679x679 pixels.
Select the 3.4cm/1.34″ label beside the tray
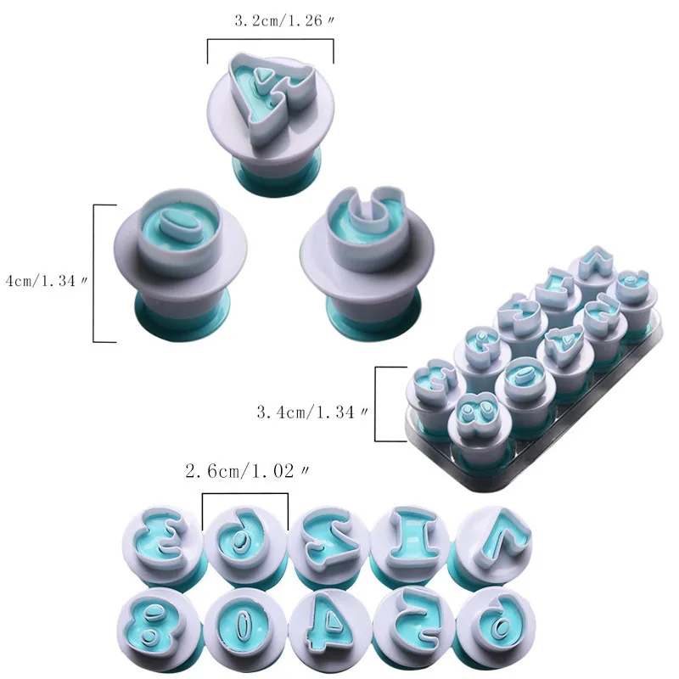pyautogui.click(x=311, y=412)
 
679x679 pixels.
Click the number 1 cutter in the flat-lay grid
pyautogui.click(x=411, y=536)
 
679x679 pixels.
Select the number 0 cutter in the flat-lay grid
pyautogui.click(x=244, y=620)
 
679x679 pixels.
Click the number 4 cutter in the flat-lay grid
pyautogui.click(x=328, y=620)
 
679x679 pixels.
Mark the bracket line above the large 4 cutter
pyautogui.click(x=270, y=40)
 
